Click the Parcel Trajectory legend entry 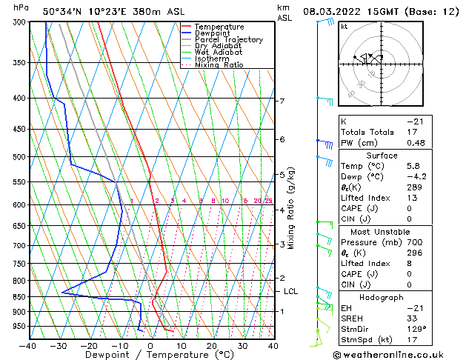pyautogui.click(x=228, y=39)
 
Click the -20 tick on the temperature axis pyautogui.click(x=88, y=345)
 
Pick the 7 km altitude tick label pyautogui.click(x=282, y=101)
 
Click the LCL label pyautogui.click(x=290, y=292)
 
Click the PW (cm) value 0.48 pyautogui.click(x=416, y=143)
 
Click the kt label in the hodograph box pyautogui.click(x=344, y=26)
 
